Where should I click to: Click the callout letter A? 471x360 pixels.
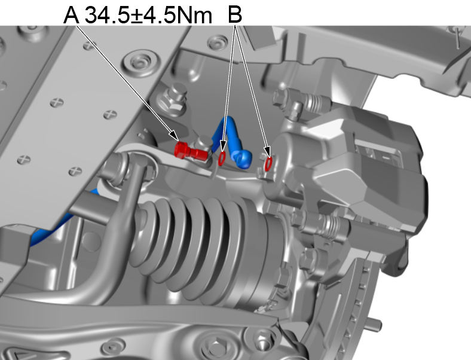tap(71, 14)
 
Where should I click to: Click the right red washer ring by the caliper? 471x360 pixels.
tap(268, 162)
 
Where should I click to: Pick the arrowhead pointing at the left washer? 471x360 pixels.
tap(224, 150)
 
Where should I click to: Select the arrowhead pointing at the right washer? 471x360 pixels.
tap(267, 153)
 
